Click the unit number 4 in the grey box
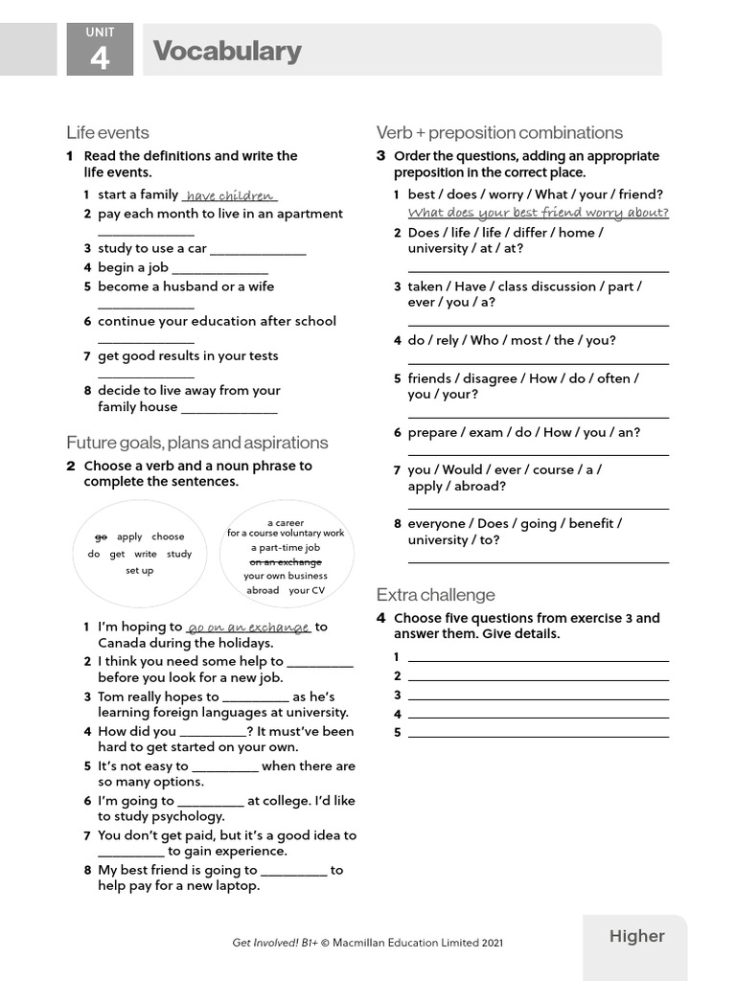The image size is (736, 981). tap(100, 58)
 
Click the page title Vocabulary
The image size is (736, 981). tap(227, 51)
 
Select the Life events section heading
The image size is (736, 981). tap(107, 132)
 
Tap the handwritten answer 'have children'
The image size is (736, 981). tap(230, 195)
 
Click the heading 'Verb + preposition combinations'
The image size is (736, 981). tap(499, 132)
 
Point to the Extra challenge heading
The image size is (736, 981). tap(435, 594)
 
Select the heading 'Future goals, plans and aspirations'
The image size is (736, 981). tap(196, 443)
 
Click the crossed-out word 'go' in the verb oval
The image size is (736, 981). tap(101, 536)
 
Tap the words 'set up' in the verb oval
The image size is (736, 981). tap(140, 570)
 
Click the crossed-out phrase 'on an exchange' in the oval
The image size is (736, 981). tap(286, 561)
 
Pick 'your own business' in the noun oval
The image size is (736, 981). tap(286, 576)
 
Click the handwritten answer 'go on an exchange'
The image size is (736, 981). tap(248, 628)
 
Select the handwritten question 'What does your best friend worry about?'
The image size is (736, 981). tap(538, 213)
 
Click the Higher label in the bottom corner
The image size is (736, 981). tap(636, 936)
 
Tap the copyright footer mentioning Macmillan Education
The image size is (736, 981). tap(367, 943)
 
